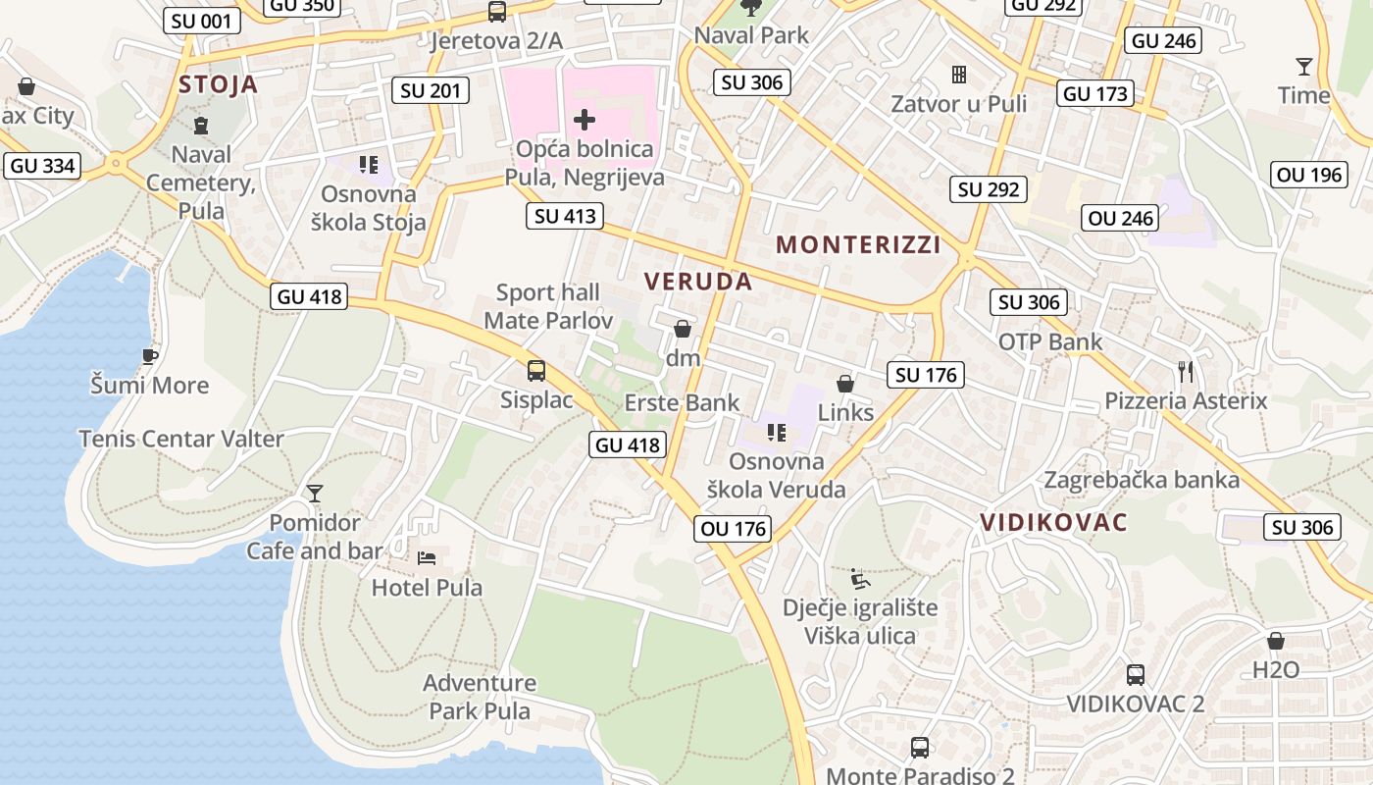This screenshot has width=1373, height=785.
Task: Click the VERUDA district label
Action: pos(698,282)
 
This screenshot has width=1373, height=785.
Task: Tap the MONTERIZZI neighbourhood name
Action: pos(858,245)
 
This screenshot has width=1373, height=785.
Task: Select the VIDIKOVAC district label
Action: pos(1053,522)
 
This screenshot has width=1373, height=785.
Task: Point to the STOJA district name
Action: pos(218,84)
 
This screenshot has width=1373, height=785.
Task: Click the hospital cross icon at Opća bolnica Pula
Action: pos(585,120)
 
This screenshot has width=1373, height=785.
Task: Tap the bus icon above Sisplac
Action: pos(535,371)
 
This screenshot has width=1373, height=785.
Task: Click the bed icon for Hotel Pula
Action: pos(427,558)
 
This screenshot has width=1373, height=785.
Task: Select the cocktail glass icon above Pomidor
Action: pos(315,493)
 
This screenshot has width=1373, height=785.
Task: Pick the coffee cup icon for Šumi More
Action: pos(149,355)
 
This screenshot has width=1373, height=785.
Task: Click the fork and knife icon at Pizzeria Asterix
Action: pos(1186,371)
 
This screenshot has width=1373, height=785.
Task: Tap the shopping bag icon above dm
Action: pos(683,329)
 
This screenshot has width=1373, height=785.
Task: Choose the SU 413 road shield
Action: pos(564,216)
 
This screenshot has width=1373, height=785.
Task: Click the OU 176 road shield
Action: pos(734,529)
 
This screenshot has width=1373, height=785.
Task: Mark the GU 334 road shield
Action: pos(42,166)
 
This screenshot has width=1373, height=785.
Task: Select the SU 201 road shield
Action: pos(431,91)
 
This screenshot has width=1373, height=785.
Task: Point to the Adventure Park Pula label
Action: pos(480,697)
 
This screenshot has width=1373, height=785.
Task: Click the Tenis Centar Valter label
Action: pos(181,439)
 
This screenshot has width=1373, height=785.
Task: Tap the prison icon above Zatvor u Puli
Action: pos(958,75)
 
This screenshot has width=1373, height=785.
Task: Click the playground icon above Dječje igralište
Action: pos(859,578)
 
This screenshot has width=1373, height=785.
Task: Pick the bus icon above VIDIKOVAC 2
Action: pos(1135,674)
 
